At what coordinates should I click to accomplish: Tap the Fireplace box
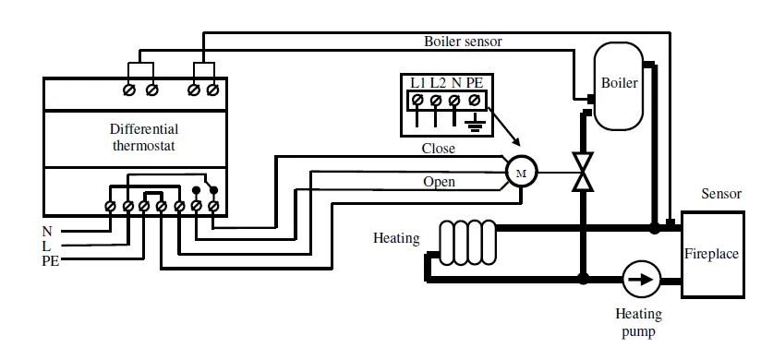point(711,254)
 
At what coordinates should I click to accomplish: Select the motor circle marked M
point(518,172)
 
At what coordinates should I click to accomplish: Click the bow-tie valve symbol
point(583,172)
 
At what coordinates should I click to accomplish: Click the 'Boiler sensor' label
point(463,42)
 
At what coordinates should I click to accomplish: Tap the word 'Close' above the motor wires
point(439,148)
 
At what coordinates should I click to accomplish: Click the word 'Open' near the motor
point(439,182)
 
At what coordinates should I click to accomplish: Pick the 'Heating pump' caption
point(638,323)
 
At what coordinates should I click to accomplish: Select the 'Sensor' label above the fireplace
point(721,195)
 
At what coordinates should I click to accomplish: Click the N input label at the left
point(47,231)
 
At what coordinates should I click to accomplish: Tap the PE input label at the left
point(51,261)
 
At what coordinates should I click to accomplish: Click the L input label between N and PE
point(47,246)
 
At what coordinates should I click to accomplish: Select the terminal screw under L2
point(436,98)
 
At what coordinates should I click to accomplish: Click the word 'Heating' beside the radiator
point(396,238)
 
